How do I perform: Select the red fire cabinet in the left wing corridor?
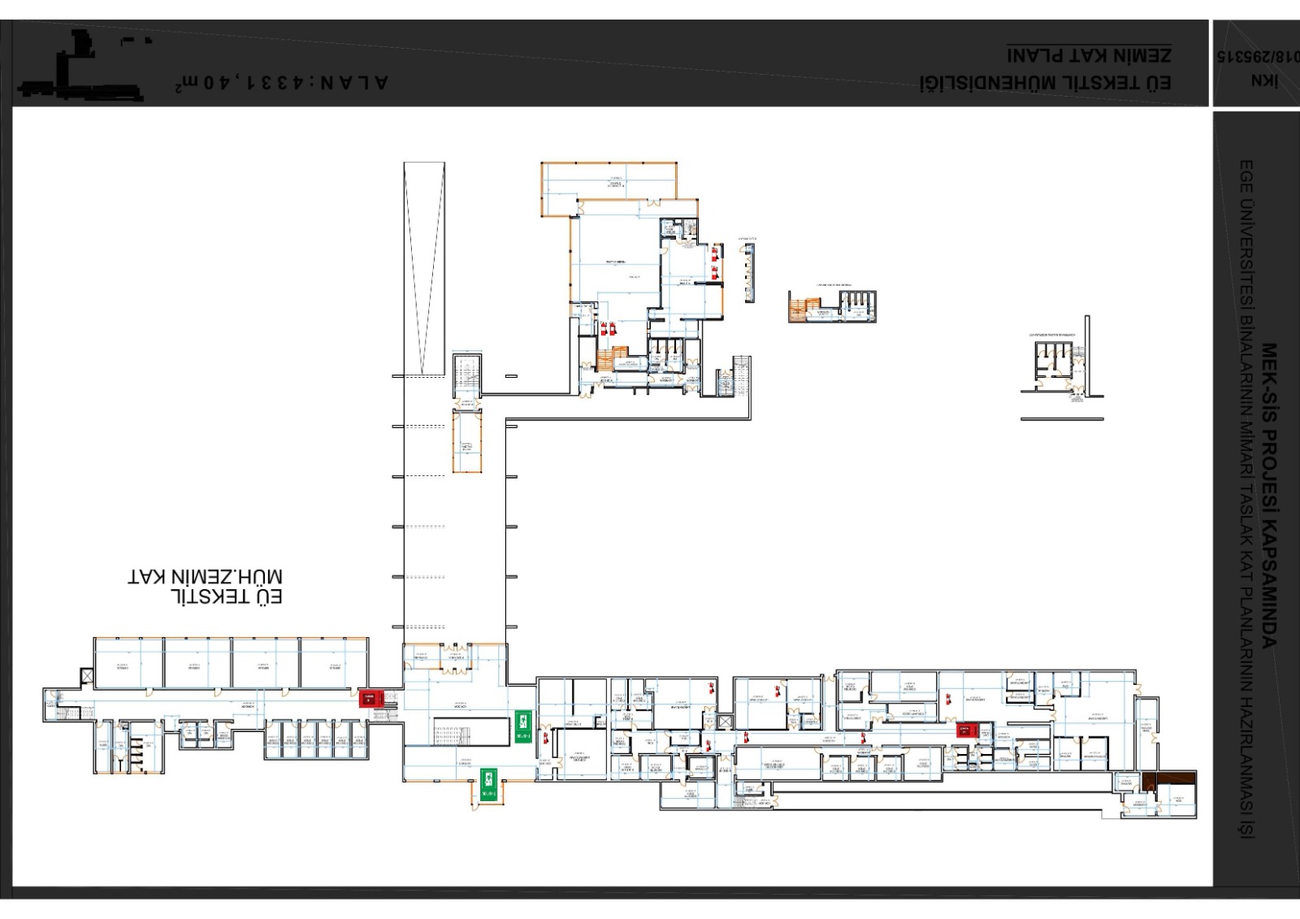(x=370, y=698)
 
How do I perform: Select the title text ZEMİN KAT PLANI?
(x=1089, y=54)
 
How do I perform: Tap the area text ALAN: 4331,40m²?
(x=281, y=83)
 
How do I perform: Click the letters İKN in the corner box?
(x=1265, y=80)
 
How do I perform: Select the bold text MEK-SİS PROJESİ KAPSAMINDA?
(x=1268, y=496)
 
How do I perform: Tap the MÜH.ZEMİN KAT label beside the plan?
(x=205, y=577)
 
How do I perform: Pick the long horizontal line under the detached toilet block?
(x=1062, y=419)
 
